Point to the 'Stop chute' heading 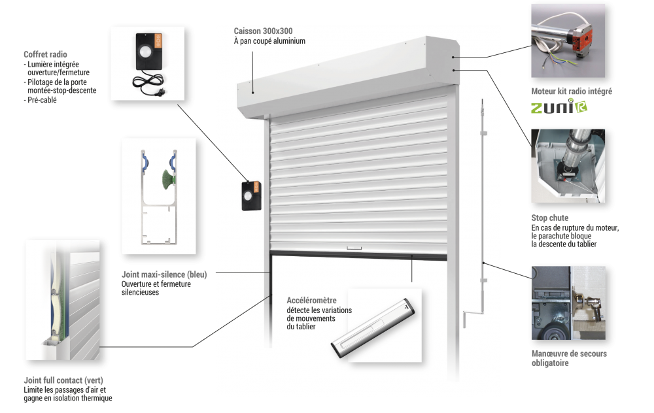[549, 218]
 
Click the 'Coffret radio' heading [44, 54]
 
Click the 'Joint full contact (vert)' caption [63, 380]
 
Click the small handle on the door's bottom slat [354, 248]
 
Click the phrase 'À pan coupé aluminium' [269, 41]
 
